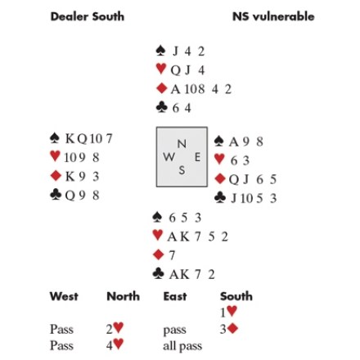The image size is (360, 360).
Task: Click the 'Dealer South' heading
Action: pyautogui.click(x=88, y=16)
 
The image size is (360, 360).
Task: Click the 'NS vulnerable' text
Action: pyautogui.click(x=273, y=16)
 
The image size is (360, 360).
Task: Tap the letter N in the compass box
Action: pyautogui.click(x=182, y=144)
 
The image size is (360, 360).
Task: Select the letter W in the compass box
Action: pyautogui.click(x=169, y=157)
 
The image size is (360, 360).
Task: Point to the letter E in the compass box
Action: pyautogui.click(x=197, y=157)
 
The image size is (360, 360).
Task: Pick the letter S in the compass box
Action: pyautogui.click(x=182, y=170)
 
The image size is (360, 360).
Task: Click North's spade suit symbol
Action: pyautogui.click(x=160, y=51)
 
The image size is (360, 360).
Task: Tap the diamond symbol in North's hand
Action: pyautogui.click(x=162, y=88)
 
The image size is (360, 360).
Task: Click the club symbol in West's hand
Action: pyautogui.click(x=56, y=195)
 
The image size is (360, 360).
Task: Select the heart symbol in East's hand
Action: pyautogui.click(x=219, y=159)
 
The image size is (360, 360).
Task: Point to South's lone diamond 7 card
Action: pyautogui.click(x=172, y=255)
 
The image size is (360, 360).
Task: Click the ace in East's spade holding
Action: pyautogui.click(x=234, y=142)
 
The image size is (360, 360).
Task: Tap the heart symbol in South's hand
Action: pyautogui.click(x=158, y=235)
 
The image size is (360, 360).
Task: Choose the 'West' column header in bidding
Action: pyautogui.click(x=64, y=296)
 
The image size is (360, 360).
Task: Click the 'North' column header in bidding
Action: pyautogui.click(x=124, y=296)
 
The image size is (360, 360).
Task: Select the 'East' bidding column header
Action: pyautogui.click(x=175, y=296)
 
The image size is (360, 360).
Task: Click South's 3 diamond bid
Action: pyautogui.click(x=229, y=329)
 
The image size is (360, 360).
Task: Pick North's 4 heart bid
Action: pyautogui.click(x=115, y=344)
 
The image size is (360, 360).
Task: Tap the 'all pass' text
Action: pyautogui.click(x=182, y=346)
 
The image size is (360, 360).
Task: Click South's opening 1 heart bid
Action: pyautogui.click(x=229, y=312)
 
